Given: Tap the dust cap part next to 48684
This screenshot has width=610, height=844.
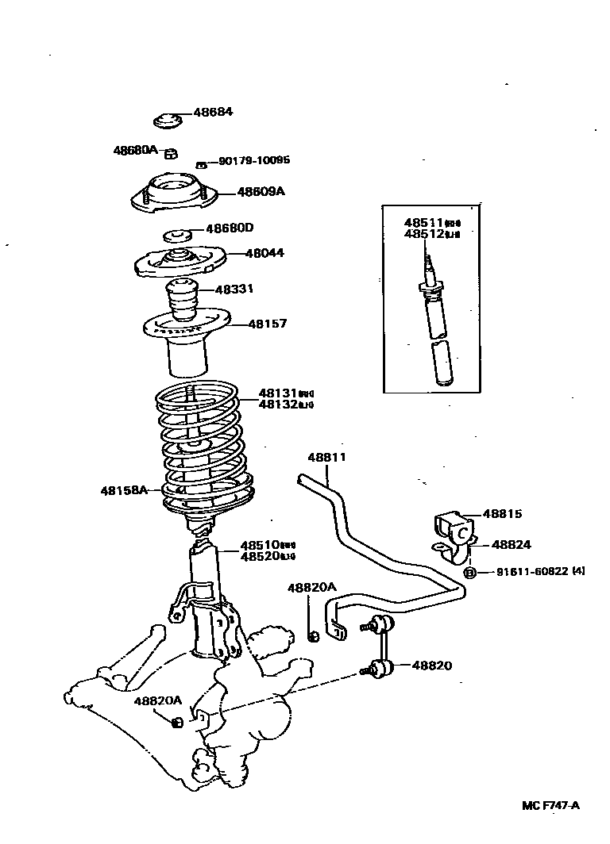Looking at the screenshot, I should pos(167,121).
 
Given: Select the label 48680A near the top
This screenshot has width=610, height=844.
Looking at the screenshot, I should pos(135,149).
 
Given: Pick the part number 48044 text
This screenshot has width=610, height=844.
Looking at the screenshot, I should pos(242,253).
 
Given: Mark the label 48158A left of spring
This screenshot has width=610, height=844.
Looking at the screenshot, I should pos(124,490).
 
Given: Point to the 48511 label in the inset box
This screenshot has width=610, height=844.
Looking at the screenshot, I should pos(423,224).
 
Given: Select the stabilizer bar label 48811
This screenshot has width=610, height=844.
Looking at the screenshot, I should pos(327,458).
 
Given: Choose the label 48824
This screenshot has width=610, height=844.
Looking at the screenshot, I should pos(512,545).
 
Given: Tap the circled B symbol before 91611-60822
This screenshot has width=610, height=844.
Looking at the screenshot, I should pos(469,573).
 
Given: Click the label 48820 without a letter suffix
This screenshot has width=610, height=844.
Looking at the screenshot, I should pos(431,666).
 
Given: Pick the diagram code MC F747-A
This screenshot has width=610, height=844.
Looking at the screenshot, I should pos(550,805).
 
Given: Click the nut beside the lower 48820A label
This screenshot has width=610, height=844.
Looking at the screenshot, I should pos(178,721).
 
